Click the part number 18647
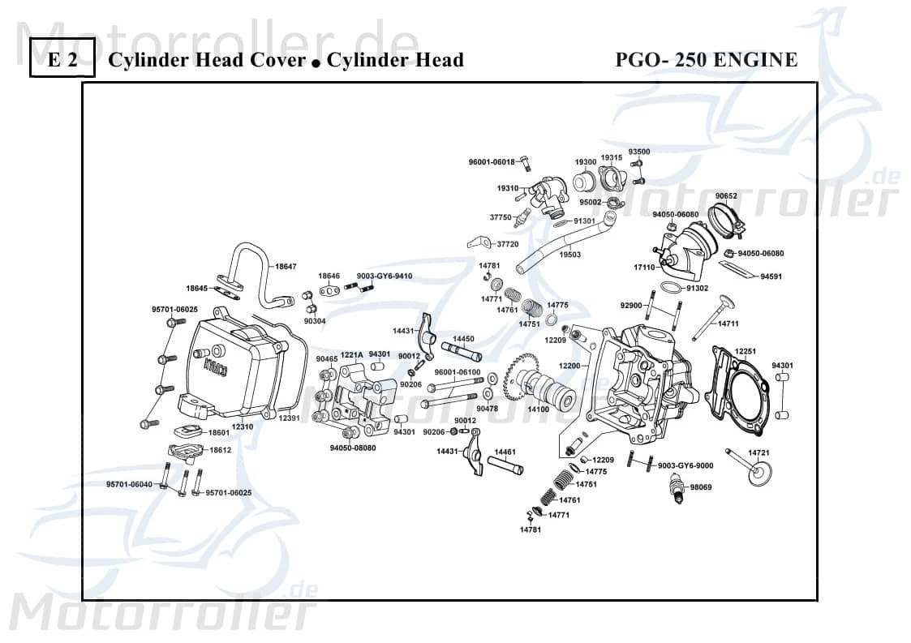(x=286, y=266)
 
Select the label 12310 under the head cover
(x=243, y=426)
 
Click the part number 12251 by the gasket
(x=746, y=351)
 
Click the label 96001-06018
(x=492, y=162)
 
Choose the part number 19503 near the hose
(x=570, y=254)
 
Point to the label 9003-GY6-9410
(x=385, y=276)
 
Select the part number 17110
(x=644, y=267)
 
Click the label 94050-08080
(x=353, y=448)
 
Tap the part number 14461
(x=505, y=451)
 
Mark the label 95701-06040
(x=129, y=484)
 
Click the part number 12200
(x=570, y=367)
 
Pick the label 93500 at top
(x=639, y=152)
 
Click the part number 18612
(x=220, y=450)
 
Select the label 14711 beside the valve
(x=728, y=324)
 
